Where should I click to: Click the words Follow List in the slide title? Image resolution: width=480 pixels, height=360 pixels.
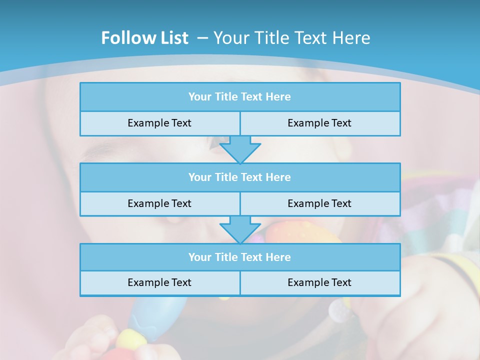[x=144, y=38]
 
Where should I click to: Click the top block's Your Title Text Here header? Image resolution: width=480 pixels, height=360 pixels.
[x=239, y=97]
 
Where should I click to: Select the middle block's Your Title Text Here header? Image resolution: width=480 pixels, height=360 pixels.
[x=239, y=177]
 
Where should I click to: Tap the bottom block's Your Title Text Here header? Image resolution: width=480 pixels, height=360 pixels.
[x=239, y=257]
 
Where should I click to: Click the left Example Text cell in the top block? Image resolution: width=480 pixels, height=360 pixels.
[x=159, y=123]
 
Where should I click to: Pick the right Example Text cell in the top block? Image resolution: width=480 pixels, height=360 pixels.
[x=319, y=123]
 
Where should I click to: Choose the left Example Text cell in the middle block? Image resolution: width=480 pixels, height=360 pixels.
[x=159, y=203]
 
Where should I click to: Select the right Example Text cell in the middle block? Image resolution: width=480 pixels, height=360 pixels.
[x=319, y=203]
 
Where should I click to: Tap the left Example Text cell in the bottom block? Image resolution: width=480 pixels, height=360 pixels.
[x=159, y=282]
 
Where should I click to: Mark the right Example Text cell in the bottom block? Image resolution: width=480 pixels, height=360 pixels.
[x=319, y=282]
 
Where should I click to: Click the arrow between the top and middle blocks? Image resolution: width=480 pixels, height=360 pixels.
[x=240, y=149]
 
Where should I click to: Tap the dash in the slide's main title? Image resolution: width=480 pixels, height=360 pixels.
[x=202, y=38]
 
